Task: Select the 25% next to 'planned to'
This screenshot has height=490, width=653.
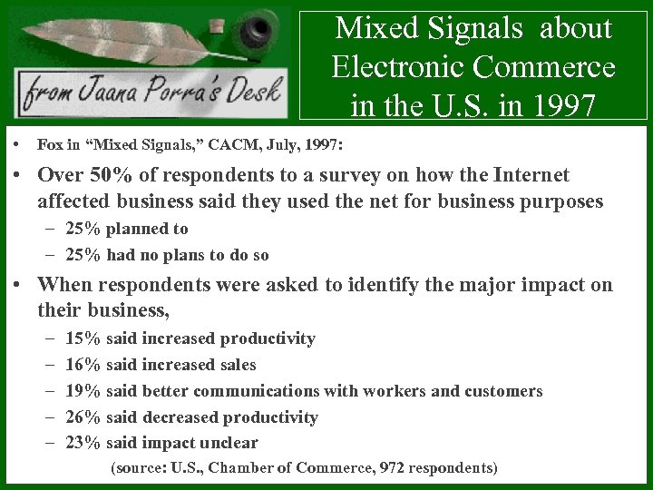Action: click(x=83, y=229)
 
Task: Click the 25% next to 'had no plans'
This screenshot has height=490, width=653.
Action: click(x=83, y=255)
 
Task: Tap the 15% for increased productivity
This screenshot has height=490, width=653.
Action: click(x=83, y=338)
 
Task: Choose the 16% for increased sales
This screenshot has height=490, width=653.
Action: click(x=83, y=365)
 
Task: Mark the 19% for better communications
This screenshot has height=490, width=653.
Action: click(x=83, y=391)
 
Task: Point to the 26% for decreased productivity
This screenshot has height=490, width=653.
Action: click(x=83, y=417)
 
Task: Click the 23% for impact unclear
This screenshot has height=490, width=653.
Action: click(x=83, y=443)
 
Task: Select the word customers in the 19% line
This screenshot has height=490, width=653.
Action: click(x=503, y=391)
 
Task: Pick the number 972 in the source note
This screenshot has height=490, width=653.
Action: click(x=393, y=468)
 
